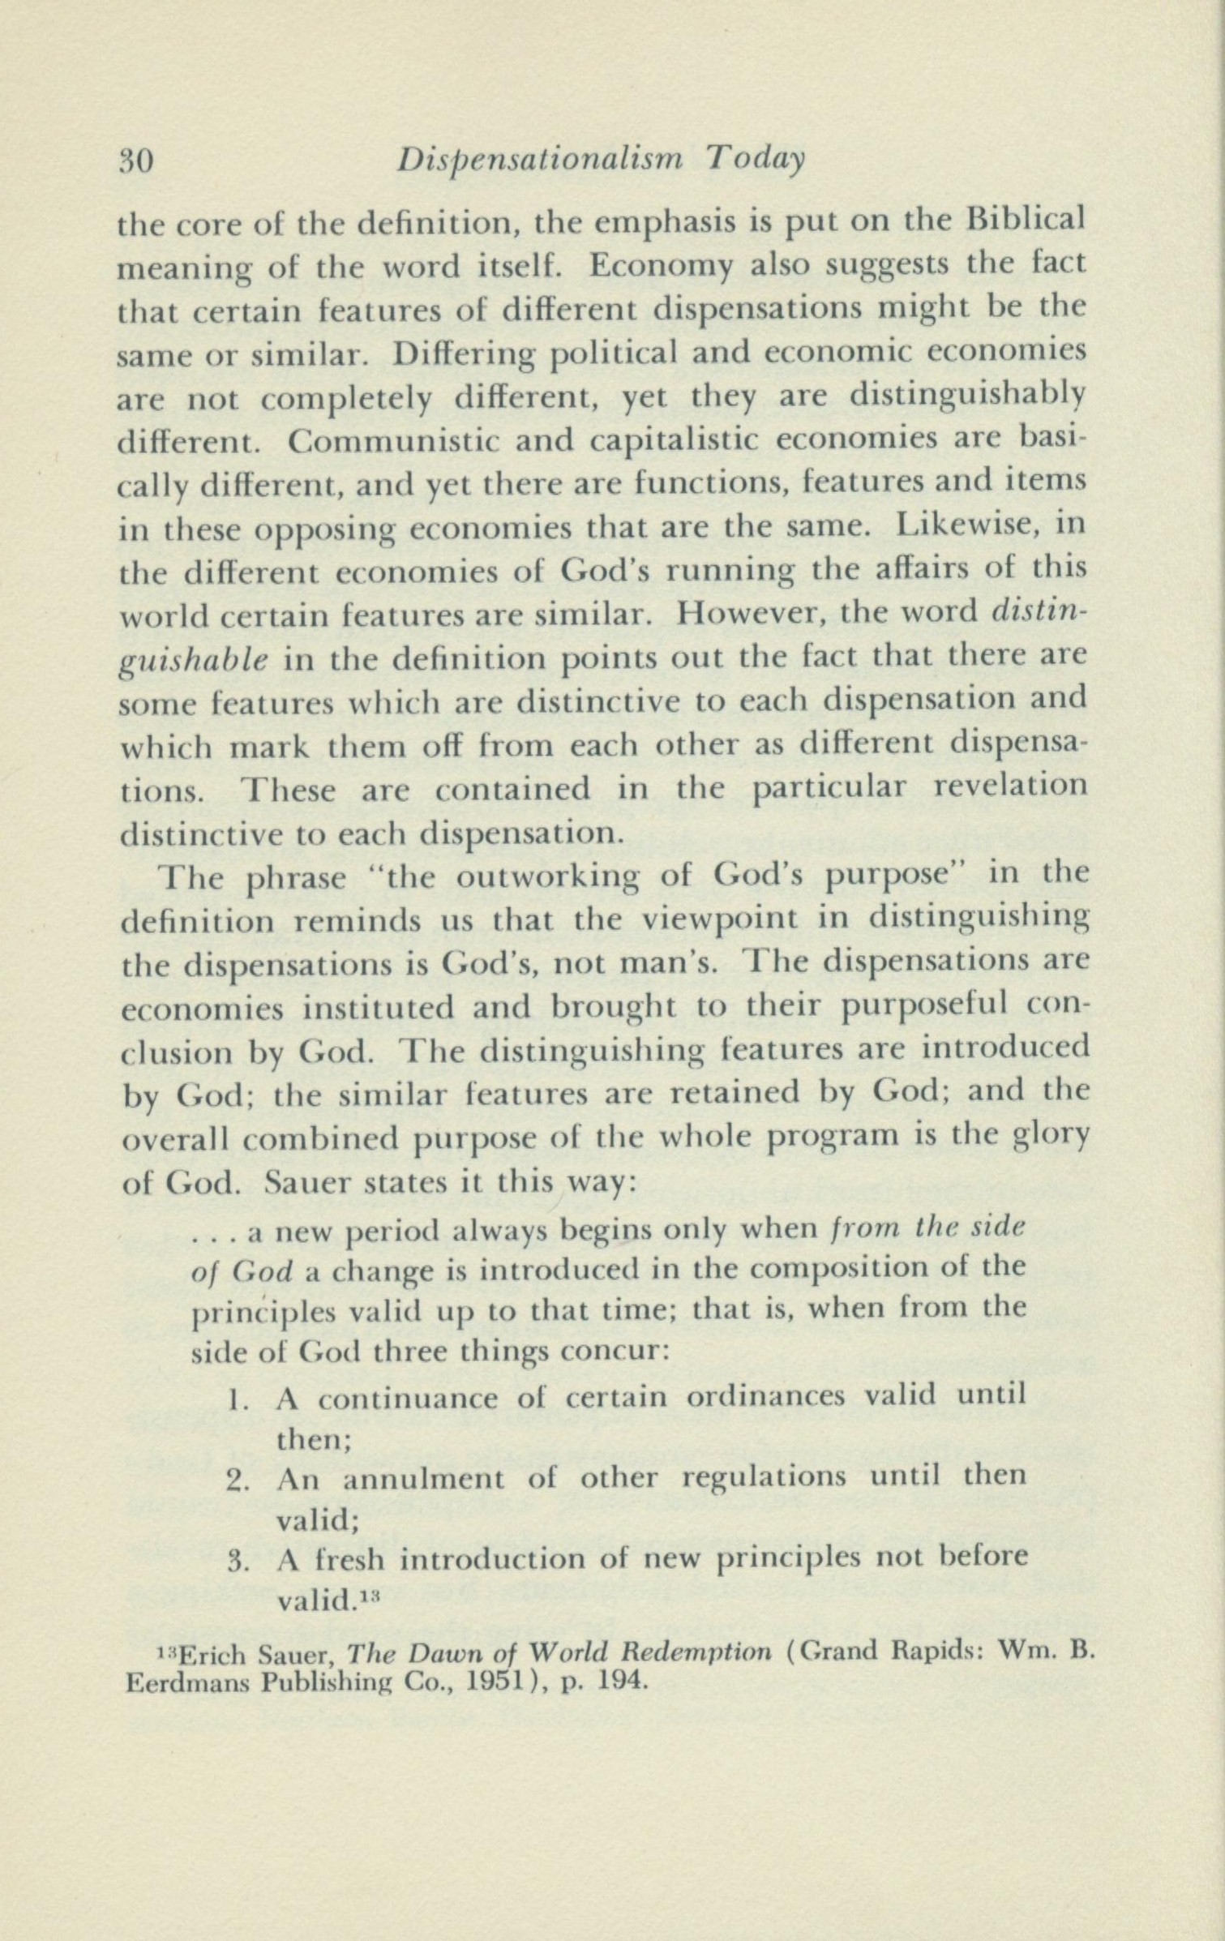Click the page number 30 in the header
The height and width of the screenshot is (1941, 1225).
click(x=136, y=161)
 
